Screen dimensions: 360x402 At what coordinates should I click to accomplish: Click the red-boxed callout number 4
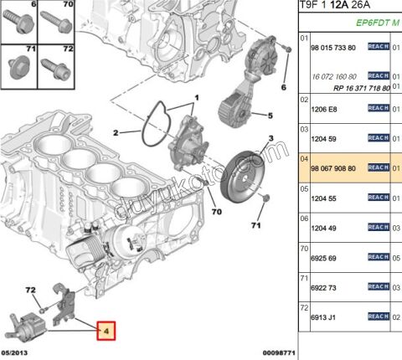click(107, 330)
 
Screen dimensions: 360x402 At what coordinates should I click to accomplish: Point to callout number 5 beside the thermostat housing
click(270, 115)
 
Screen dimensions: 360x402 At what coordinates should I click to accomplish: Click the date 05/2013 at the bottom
click(18, 354)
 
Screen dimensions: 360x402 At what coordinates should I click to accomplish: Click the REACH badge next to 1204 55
click(379, 199)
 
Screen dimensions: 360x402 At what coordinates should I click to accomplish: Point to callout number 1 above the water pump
click(198, 97)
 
